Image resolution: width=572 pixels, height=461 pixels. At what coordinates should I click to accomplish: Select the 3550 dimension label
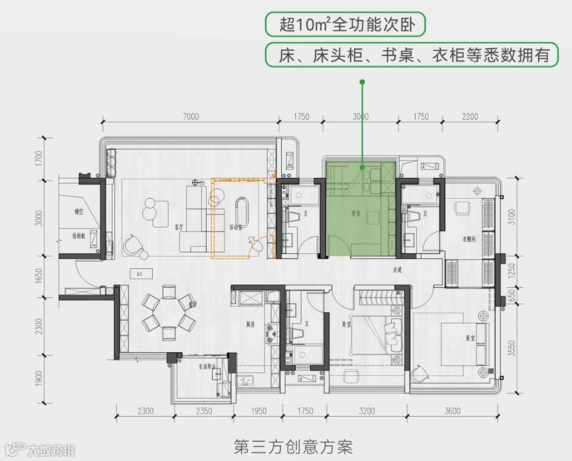(512, 348)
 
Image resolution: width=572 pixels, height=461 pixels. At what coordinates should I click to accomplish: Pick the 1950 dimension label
(258, 411)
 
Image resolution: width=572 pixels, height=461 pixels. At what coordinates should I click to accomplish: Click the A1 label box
(140, 274)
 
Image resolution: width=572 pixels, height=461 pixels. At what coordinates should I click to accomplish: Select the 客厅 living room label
(179, 228)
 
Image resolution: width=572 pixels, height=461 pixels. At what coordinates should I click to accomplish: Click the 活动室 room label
(236, 228)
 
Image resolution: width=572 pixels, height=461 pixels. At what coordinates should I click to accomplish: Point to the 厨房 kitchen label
(249, 324)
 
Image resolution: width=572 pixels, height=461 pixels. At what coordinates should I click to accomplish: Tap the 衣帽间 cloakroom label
(470, 240)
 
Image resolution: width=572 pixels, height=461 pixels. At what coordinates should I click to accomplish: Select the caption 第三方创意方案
(293, 448)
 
